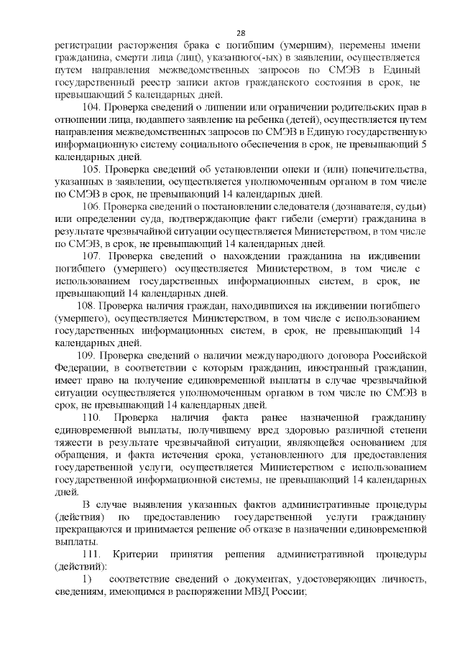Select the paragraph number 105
point(92,169)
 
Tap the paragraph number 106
point(92,205)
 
